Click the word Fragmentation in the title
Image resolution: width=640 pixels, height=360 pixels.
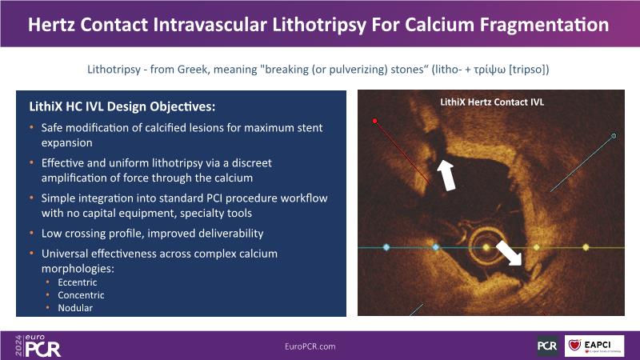click(x=544, y=25)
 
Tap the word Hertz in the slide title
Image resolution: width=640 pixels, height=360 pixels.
click(x=51, y=25)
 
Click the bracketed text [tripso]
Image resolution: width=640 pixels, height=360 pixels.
click(x=529, y=70)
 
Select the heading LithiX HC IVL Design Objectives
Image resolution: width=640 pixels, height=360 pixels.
click(x=122, y=106)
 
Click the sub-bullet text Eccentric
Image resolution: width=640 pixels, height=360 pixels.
click(x=78, y=282)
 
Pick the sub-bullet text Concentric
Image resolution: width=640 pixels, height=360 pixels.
click(x=81, y=295)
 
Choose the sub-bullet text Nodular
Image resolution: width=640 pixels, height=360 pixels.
click(x=75, y=308)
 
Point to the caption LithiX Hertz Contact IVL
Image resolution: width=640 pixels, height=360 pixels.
click(x=492, y=102)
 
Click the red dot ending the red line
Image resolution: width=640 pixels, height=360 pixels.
click(x=374, y=121)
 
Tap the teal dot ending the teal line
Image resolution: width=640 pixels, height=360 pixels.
click(x=614, y=136)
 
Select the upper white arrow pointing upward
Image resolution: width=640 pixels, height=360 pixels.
click(x=446, y=175)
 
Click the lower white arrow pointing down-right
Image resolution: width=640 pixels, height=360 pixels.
click(x=509, y=253)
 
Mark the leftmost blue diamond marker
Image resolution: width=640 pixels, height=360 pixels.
click(x=386, y=247)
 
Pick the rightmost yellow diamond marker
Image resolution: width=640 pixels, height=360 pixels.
click(x=586, y=247)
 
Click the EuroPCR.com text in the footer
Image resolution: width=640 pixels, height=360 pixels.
click(x=310, y=346)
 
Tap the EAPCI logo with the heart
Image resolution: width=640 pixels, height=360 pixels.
click(x=594, y=346)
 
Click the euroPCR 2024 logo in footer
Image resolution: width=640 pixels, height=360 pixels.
click(x=38, y=346)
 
